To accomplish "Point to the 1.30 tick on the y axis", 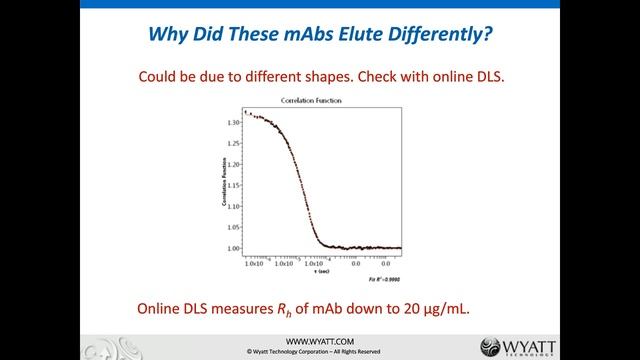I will click(x=233, y=123).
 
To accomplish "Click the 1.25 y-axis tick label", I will click(x=233, y=144).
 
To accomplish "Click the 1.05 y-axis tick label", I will click(x=233, y=227).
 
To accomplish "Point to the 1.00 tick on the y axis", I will click(x=233, y=248).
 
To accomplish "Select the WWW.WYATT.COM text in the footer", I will click(x=320, y=341).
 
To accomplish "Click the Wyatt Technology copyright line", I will click(x=320, y=352).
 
